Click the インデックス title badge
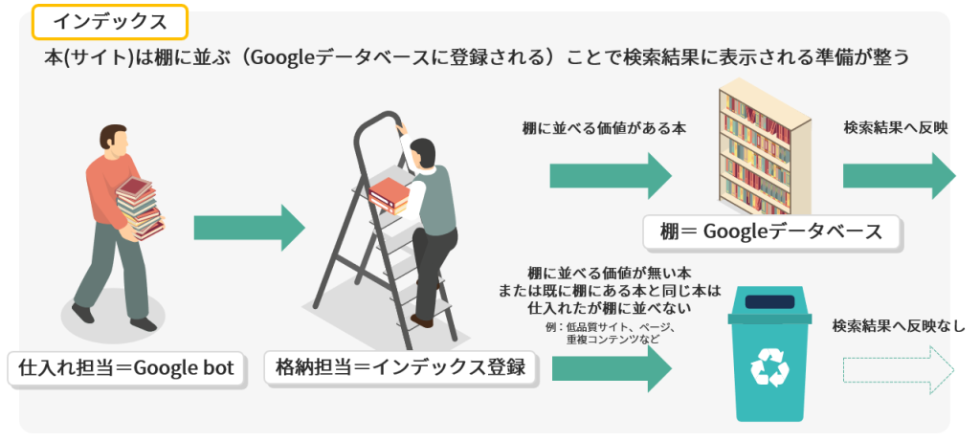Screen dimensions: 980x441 (x=110, y=23)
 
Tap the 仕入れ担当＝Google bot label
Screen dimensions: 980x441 (x=127, y=368)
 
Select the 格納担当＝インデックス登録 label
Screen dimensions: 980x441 (x=400, y=367)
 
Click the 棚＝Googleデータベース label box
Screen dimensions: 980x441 (x=772, y=232)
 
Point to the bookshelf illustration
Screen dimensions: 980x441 (x=765, y=145)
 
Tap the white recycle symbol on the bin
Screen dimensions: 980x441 (x=769, y=367)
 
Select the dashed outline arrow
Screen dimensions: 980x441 (x=899, y=370)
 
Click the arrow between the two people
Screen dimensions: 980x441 (x=249, y=228)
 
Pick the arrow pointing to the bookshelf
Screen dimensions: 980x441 (x=611, y=175)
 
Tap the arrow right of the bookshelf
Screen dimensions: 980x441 (x=900, y=175)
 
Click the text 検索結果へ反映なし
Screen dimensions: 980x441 (x=899, y=326)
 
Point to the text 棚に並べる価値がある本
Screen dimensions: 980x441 (x=605, y=129)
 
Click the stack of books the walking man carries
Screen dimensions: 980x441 (x=140, y=209)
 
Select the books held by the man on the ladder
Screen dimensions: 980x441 (x=389, y=195)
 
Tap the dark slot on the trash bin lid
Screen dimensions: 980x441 (x=769, y=302)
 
